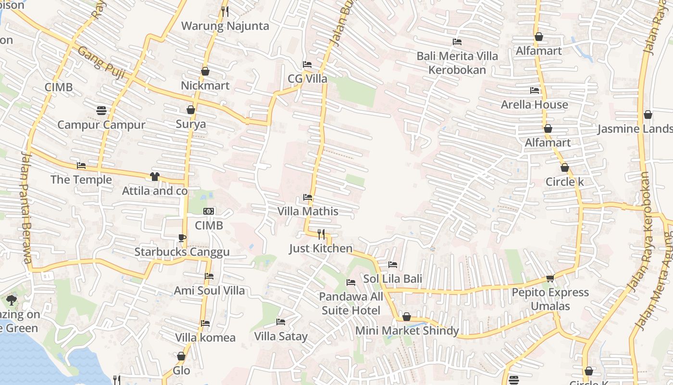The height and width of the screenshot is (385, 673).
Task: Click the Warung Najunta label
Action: pos(225,26)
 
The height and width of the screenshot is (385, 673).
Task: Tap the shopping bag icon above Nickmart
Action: pos(205,71)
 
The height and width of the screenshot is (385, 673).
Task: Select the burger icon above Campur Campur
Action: pos(101,110)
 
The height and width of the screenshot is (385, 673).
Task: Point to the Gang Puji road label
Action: pos(101,64)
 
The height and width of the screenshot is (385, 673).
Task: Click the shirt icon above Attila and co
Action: pos(154,177)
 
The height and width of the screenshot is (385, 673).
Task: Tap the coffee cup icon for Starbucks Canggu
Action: pos(182,237)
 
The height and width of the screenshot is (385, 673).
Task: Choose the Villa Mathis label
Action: pos(308,211)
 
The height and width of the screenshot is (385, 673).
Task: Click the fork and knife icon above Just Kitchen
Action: pos(321,234)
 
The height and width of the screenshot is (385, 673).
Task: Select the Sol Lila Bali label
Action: pos(392,279)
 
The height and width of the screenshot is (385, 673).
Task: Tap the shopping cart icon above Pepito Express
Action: pos(550,278)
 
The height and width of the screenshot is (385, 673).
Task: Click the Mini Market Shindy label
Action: pos(407,331)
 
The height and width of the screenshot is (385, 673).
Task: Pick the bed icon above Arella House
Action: pos(534,90)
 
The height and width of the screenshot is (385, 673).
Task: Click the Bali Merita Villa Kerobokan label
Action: pos(457,63)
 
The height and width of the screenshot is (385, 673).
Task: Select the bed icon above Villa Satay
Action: pos(281,321)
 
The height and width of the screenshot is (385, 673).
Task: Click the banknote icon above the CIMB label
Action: pos(209,211)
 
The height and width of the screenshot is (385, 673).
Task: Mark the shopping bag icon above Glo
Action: pos(181,357)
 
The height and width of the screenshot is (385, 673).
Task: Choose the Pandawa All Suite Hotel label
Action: pos(351,304)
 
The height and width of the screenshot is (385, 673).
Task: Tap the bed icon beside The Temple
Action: pos(81,166)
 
